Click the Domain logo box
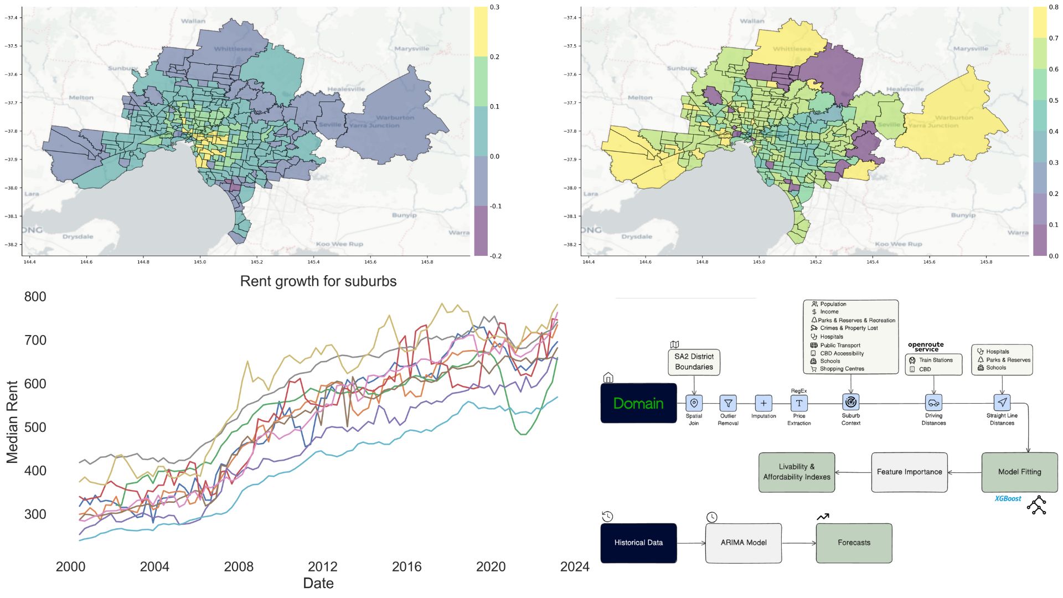pos(638,403)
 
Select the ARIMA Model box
pos(744,543)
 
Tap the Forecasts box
pos(854,543)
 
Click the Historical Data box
pos(638,543)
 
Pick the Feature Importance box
pos(909,472)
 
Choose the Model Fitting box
pos(1019,472)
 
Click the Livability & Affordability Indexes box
pos(797,472)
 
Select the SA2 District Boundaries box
pos(694,362)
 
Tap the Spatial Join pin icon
pos(694,403)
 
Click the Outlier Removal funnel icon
pos(728,403)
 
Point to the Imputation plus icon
pos(763,403)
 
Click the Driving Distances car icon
pos(933,403)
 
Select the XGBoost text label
pos(1008,499)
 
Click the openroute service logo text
pos(926,347)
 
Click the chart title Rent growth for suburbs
pos(318,281)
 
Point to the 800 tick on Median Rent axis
pos(35,297)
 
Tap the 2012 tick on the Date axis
pos(322,566)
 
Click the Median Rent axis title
pos(12,422)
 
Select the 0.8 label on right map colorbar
pos(1053,8)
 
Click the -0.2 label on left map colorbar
pos(495,256)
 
